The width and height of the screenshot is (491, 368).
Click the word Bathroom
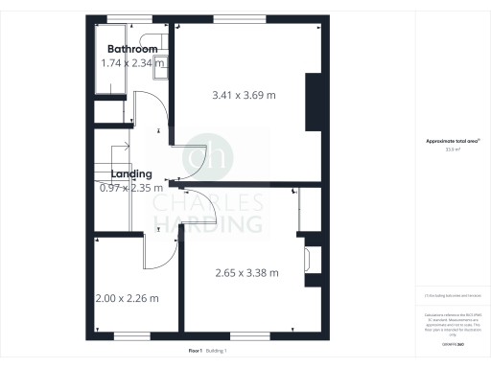click(132, 49)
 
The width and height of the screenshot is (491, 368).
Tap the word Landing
click(130, 173)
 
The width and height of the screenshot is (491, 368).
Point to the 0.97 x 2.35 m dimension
click(133, 188)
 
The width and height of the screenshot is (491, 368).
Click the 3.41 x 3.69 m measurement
click(244, 96)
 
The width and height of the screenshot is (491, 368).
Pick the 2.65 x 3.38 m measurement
click(247, 273)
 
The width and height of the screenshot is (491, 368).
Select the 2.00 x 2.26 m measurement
click(128, 298)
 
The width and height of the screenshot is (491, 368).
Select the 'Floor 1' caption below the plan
click(196, 351)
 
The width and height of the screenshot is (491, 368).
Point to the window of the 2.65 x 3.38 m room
click(244, 335)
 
